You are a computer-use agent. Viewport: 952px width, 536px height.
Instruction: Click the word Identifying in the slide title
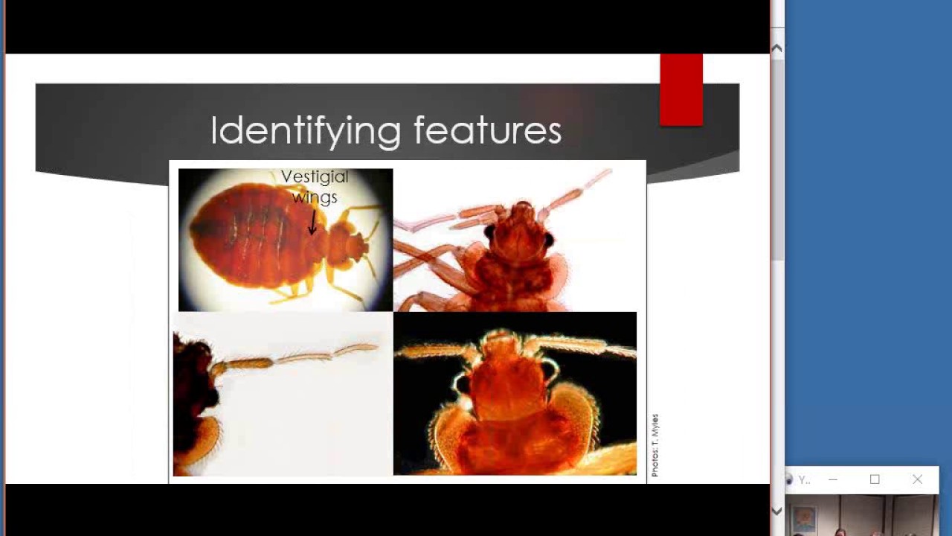[x=306, y=130]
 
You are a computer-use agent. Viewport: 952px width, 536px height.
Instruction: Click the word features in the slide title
[x=487, y=130]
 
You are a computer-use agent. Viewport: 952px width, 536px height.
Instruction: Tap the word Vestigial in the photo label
[x=314, y=177]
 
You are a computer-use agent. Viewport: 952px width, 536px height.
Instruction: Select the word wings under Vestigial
[x=315, y=197]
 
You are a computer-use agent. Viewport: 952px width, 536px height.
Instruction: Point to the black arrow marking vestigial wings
[x=313, y=223]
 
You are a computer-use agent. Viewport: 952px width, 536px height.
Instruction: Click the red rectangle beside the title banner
[x=681, y=89]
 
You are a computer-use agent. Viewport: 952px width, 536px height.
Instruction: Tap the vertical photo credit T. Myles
[x=655, y=445]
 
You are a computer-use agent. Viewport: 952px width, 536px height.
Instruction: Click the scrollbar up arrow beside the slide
[x=776, y=48]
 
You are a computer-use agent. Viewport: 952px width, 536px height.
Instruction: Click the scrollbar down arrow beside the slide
[x=776, y=511]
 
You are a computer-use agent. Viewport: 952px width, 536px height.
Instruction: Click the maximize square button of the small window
[x=875, y=479]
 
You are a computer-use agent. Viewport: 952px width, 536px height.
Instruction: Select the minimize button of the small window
[x=832, y=479]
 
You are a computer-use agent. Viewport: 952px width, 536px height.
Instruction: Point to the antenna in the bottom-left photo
[x=297, y=357]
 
